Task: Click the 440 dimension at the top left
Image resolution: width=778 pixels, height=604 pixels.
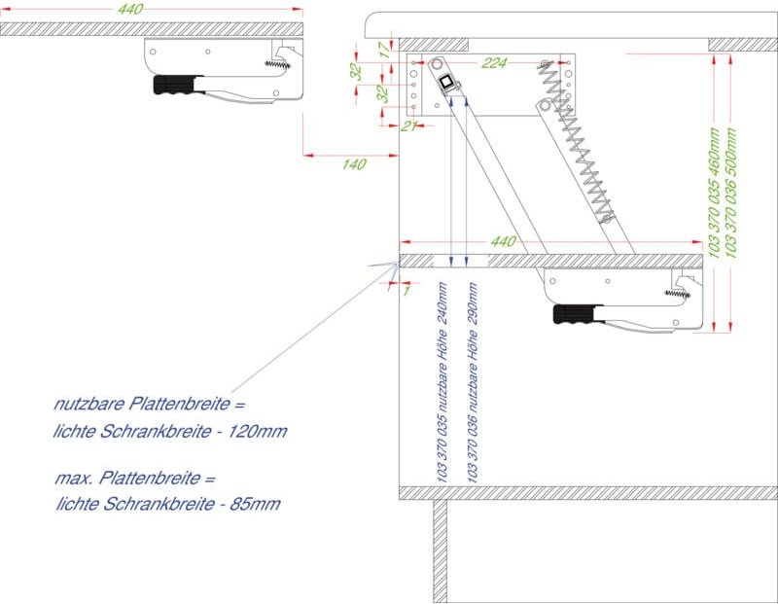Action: tap(129, 9)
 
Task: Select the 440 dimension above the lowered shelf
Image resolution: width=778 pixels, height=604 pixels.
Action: tap(502, 240)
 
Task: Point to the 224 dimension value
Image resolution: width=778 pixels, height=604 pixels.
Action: tap(494, 63)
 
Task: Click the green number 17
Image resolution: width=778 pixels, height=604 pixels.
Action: tap(384, 50)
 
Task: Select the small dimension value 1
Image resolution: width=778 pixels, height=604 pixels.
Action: tap(406, 290)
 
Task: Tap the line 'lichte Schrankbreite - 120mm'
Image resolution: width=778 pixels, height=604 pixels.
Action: tap(171, 431)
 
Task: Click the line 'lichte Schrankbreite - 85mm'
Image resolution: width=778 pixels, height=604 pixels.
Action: tap(170, 505)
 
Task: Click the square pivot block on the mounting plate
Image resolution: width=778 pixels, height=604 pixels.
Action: tap(447, 83)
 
